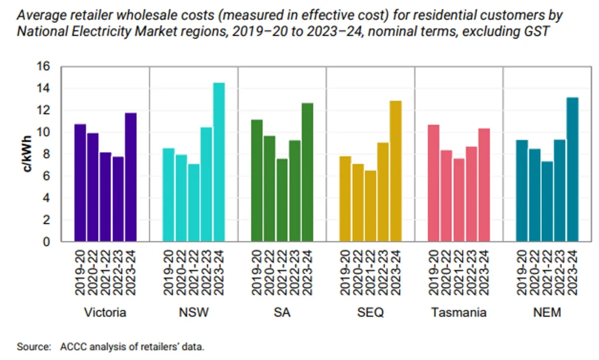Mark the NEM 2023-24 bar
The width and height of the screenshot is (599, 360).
click(x=573, y=169)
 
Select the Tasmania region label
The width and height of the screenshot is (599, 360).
click(x=459, y=313)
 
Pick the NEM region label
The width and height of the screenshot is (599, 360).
click(x=547, y=313)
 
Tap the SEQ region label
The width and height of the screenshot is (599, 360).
click(x=370, y=313)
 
